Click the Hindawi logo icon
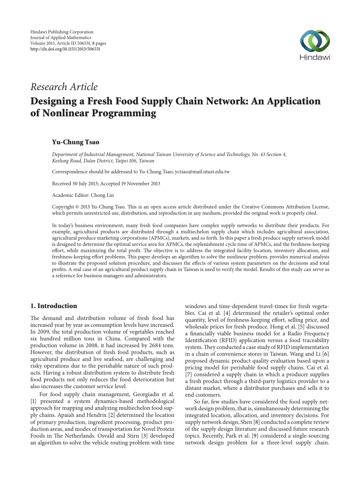pos(315,42)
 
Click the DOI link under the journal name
pos(65,49)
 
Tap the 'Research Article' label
pos(64,87)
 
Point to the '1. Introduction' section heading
pos(54,306)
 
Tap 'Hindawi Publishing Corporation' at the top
pos(62,32)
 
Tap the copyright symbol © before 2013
pos(75,207)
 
